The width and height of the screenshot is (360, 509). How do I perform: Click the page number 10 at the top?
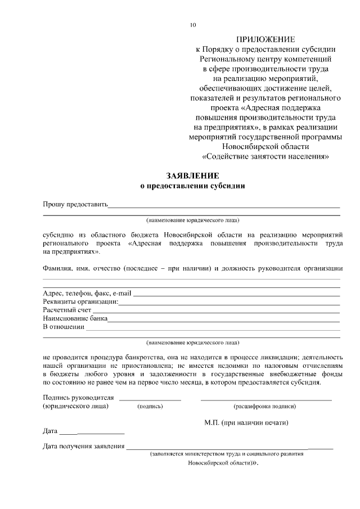click(x=193, y=25)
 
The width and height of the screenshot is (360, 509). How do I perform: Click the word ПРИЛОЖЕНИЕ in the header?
click(x=265, y=39)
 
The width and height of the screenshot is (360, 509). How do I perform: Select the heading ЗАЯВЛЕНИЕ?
click(x=192, y=175)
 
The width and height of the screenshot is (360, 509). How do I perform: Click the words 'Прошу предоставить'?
click(x=75, y=204)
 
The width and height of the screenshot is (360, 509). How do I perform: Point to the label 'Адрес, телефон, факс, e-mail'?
click(x=87, y=293)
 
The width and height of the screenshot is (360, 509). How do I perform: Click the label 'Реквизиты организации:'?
click(x=80, y=301)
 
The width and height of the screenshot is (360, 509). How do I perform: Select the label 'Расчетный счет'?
click(x=67, y=310)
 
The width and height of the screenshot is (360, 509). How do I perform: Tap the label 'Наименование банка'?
click(x=75, y=318)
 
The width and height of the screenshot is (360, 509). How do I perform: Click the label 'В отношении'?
click(x=63, y=327)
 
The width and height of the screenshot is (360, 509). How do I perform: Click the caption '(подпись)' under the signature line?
click(x=150, y=406)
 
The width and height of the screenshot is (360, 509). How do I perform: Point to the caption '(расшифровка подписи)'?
click(x=264, y=406)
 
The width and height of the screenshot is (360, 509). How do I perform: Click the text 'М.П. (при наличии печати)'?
click(x=246, y=421)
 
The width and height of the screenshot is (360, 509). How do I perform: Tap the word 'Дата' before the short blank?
click(x=51, y=432)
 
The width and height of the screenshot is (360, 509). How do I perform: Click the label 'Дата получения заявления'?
click(x=83, y=447)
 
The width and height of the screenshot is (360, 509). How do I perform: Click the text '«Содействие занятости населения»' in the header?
click(x=265, y=156)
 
